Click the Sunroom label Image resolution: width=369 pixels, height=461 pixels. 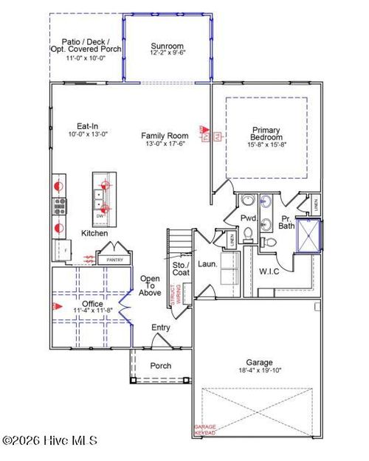pos(167,44)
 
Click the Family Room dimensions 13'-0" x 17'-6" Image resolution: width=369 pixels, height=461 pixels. pos(165,145)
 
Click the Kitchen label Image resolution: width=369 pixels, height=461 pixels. pos(94,234)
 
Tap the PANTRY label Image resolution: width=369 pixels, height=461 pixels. pos(114,260)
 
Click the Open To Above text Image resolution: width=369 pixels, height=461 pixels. pos(151,285)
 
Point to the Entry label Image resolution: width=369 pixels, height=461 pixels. pos(161,327)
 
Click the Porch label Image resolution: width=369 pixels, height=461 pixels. pos(160,365)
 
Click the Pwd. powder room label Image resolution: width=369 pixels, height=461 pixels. pos(248,218)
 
